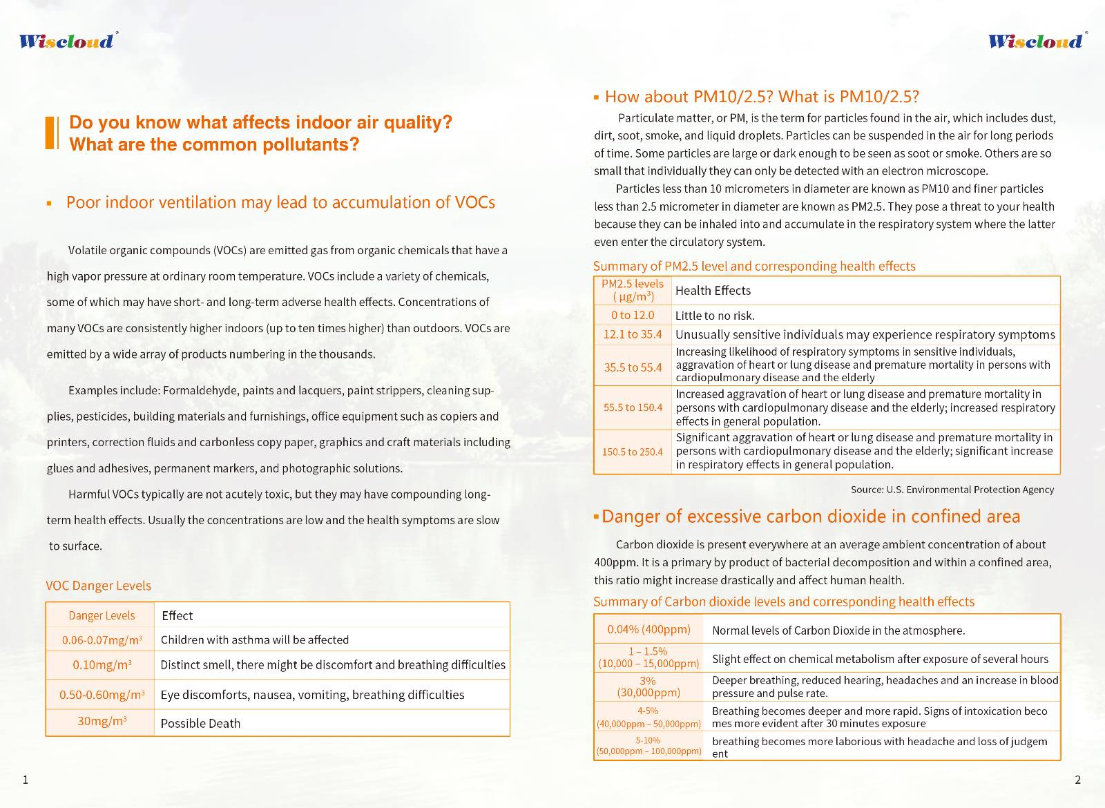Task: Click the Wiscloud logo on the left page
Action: pos(67,41)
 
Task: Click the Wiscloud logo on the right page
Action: pos(1036,41)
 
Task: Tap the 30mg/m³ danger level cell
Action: pos(101,722)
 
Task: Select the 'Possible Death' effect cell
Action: pos(200,724)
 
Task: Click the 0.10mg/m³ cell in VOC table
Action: pos(102,665)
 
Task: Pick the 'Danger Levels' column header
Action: pos(102,615)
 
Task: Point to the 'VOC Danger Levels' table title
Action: pos(98,586)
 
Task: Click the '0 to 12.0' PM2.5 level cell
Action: pos(632,315)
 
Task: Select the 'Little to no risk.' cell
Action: pos(715,316)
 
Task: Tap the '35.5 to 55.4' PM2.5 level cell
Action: pos(633,367)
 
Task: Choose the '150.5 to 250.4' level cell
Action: pos(632,452)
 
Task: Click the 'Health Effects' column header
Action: pos(713,291)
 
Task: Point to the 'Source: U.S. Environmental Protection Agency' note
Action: pos(952,490)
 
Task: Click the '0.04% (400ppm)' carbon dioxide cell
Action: pos(648,629)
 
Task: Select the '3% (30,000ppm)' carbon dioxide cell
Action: pos(648,686)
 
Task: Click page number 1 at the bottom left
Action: pos(26,780)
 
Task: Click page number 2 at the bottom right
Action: pos(1077,780)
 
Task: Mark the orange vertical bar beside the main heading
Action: pos(50,133)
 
